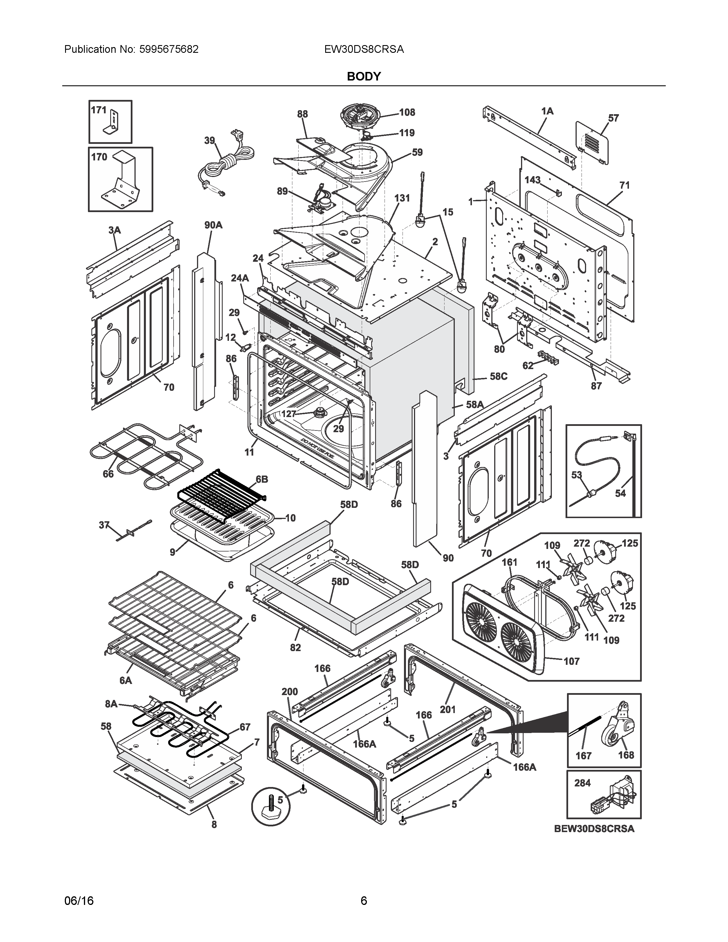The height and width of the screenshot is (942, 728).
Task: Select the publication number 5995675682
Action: pos(169,49)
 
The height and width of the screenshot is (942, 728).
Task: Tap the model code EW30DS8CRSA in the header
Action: pos(364,49)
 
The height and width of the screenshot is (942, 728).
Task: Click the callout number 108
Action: pos(407,112)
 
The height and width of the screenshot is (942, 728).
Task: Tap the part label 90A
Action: pos(213,225)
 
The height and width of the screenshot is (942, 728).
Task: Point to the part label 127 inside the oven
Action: pos(289,414)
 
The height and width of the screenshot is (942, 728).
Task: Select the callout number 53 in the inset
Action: pos(577,474)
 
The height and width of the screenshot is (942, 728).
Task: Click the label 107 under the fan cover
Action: pos(572,661)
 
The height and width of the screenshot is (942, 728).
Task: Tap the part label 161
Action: pos(509,562)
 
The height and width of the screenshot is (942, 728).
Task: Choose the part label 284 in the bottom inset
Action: pos(582,783)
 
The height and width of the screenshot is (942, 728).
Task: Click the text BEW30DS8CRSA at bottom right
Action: pos(594,829)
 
